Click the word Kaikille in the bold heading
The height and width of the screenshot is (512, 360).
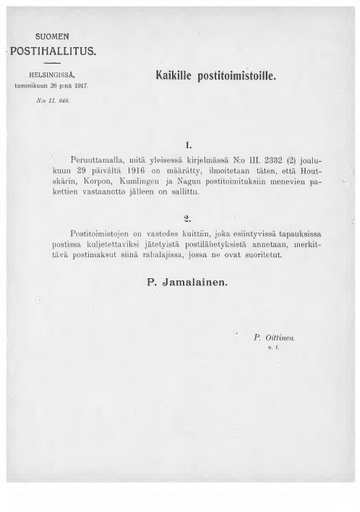176,76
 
